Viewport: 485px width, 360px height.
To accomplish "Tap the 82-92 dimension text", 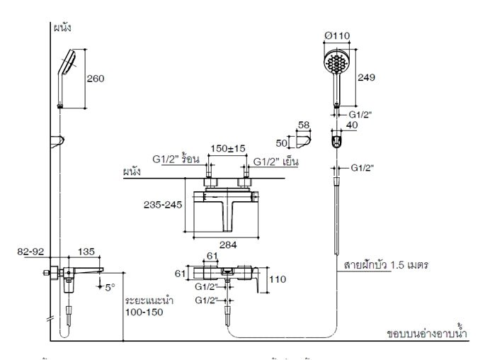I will point(33,251).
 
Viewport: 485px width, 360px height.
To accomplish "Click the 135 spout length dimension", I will point(86,251).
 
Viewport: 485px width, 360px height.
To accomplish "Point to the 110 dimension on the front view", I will point(278,279).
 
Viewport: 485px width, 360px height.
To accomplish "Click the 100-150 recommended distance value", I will point(144,311).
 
